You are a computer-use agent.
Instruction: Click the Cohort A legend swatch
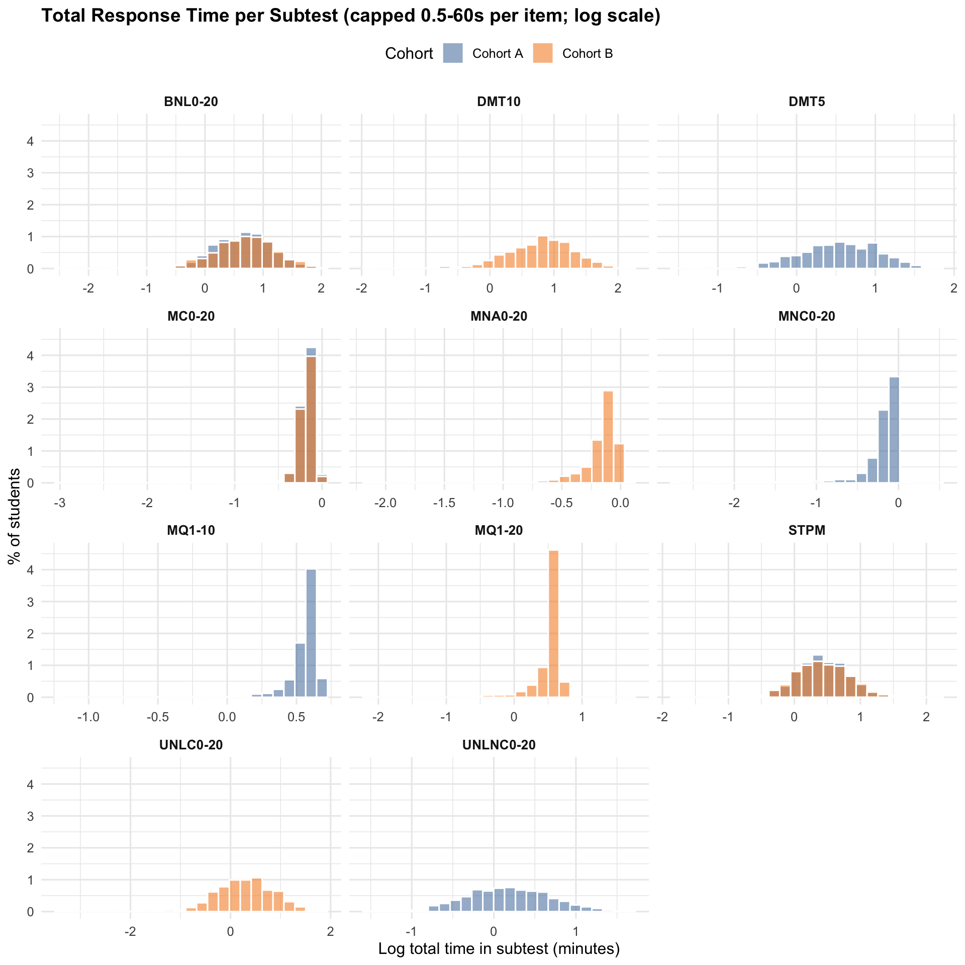click(x=452, y=53)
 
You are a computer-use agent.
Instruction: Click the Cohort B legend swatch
click(x=542, y=53)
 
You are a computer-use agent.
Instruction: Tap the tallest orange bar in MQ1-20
click(x=553, y=623)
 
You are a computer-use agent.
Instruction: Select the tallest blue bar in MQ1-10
click(x=311, y=633)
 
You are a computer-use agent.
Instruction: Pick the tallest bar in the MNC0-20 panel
click(x=894, y=430)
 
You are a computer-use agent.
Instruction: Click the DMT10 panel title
click(x=499, y=102)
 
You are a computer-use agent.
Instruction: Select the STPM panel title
click(x=807, y=530)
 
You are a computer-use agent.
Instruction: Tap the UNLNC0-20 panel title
click(x=499, y=745)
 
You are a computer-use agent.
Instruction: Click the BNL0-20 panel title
click(x=191, y=102)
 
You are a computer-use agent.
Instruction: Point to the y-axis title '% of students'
click(x=15, y=516)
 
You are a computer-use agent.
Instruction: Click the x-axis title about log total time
click(x=499, y=948)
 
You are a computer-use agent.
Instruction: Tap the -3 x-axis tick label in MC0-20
click(x=60, y=503)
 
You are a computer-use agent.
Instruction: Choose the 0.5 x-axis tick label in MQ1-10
click(x=296, y=717)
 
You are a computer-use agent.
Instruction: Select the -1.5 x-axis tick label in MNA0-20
click(x=444, y=503)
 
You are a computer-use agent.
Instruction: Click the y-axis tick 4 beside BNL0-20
click(x=31, y=141)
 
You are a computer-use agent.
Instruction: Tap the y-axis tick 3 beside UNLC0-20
click(x=31, y=816)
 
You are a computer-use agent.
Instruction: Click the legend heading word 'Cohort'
click(x=409, y=54)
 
